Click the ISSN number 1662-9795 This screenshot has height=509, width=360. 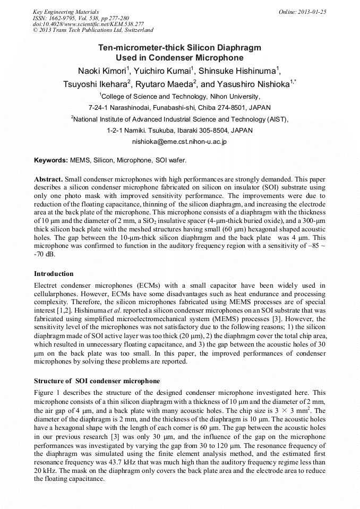66,18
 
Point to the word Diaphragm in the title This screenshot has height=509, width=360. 234,48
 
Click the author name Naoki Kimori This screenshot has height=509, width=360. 100,71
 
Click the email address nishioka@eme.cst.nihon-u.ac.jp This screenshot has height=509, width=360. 179,142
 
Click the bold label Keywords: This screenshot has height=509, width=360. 51,160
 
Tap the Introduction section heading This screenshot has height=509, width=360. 54,274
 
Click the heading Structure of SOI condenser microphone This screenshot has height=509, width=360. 97,381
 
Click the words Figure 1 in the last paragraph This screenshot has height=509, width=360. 47,393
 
